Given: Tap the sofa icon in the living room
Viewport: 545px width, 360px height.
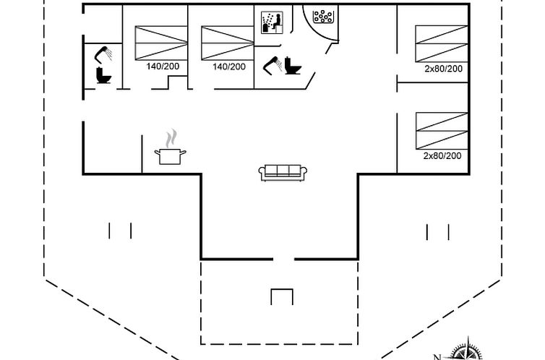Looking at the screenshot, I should pyautogui.click(x=283, y=171).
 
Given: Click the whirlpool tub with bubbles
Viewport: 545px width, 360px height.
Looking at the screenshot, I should pyautogui.click(x=323, y=15).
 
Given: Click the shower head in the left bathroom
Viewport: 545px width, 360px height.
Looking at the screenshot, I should pyautogui.click(x=103, y=53).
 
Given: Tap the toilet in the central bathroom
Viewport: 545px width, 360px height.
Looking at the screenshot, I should pyautogui.click(x=293, y=66).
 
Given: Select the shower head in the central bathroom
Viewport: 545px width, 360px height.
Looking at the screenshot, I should pyautogui.click(x=271, y=64).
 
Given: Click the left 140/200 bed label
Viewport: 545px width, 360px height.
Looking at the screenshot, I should pyautogui.click(x=163, y=67).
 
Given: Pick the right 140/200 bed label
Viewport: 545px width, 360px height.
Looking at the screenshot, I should pyautogui.click(x=229, y=67).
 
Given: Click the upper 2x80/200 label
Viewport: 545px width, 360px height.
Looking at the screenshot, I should pyautogui.click(x=442, y=69).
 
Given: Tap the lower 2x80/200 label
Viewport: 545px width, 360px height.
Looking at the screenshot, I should pyautogui.click(x=442, y=155).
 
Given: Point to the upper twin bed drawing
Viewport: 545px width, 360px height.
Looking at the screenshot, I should pyautogui.click(x=441, y=44).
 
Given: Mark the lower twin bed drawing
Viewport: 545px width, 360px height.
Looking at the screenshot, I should pyautogui.click(x=441, y=131).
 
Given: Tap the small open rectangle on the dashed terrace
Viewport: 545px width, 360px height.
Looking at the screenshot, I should pyautogui.click(x=281, y=296).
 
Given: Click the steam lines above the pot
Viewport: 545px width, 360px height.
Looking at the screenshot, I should pyautogui.click(x=171, y=138).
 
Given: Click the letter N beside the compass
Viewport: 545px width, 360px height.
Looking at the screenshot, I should pyautogui.click(x=437, y=356).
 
